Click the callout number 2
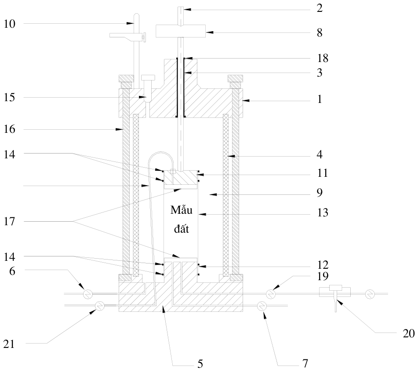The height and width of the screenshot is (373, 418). [320, 8]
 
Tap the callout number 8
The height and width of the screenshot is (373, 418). [320, 33]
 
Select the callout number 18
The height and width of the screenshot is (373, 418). [323, 58]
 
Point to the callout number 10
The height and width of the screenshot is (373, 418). [10, 24]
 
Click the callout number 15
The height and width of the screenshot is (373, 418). [10, 97]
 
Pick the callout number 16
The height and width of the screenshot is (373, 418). [10, 129]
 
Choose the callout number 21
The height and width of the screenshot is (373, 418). [9, 344]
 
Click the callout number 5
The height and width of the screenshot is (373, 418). [200, 364]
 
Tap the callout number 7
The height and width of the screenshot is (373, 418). [305, 363]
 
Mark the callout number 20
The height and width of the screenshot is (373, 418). [409, 333]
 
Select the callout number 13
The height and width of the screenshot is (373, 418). [323, 212]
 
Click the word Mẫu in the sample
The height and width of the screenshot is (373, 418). [182, 210]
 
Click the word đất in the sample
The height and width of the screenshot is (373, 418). [182, 229]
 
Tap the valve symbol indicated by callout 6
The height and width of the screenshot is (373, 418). [87, 294]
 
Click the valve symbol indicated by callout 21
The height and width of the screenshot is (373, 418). [100, 306]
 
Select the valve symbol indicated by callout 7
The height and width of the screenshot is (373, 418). [262, 306]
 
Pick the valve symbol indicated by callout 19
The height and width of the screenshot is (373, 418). [271, 294]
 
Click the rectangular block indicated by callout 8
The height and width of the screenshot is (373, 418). [181, 31]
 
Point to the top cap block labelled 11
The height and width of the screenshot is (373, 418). [181, 177]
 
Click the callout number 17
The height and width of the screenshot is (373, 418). [10, 221]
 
